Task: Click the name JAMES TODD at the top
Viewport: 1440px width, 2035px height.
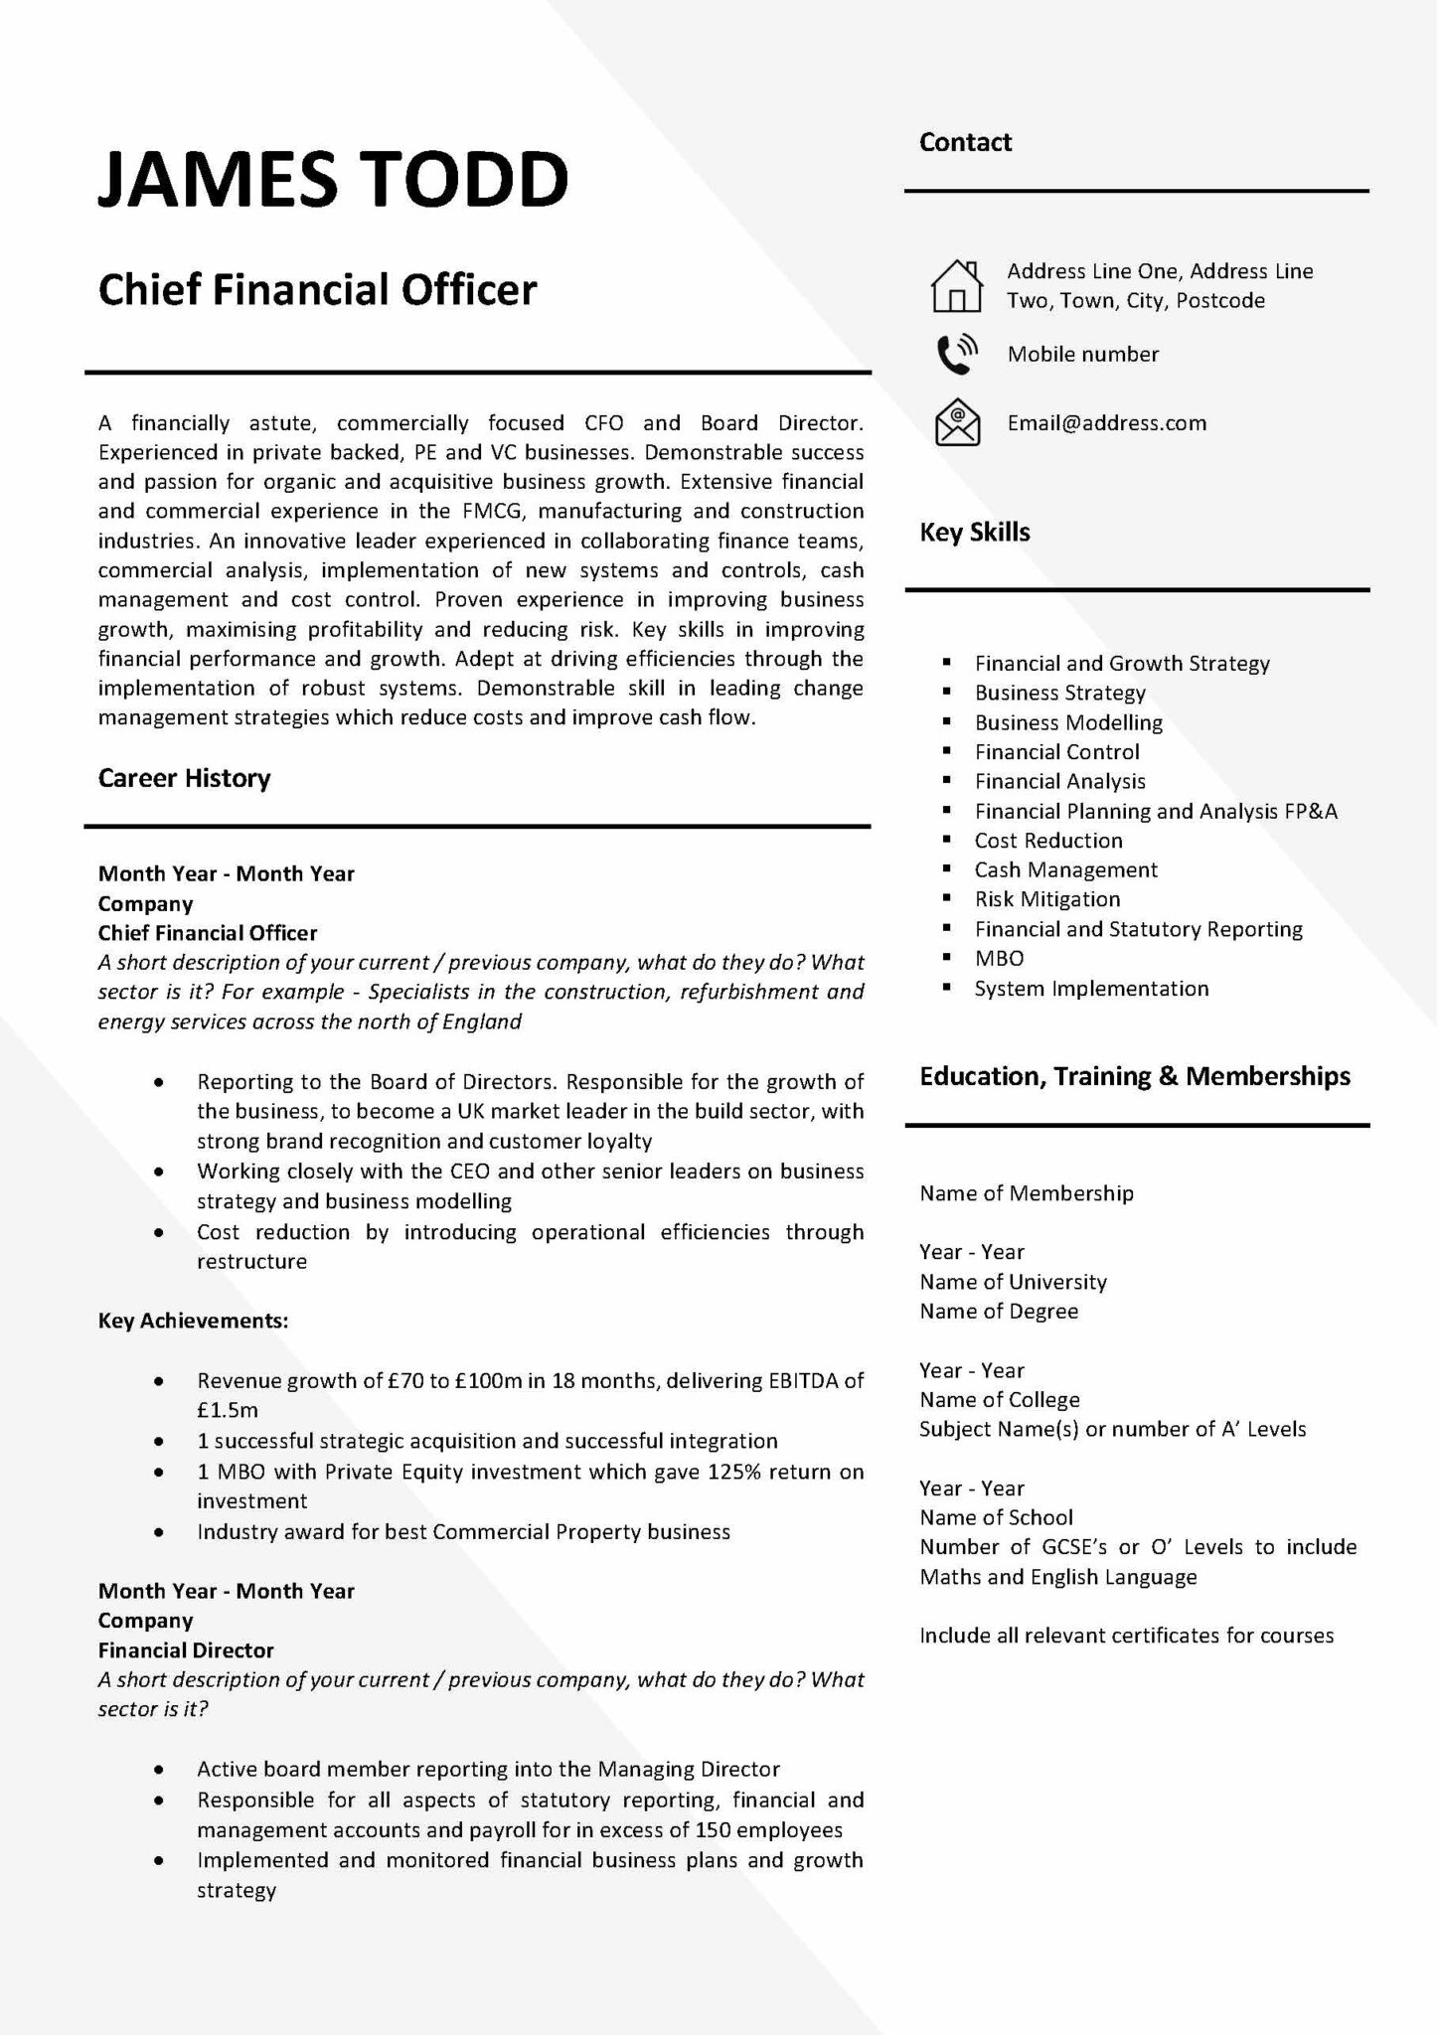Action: click(333, 180)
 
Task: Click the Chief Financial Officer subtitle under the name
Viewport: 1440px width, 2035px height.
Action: click(317, 290)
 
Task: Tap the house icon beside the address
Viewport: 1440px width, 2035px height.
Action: click(956, 286)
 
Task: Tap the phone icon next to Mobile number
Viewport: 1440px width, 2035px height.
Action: click(957, 354)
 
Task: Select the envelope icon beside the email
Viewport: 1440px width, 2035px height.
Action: click(957, 422)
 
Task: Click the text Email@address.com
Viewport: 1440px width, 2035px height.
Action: click(1106, 423)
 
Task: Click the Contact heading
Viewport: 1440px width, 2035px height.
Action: click(964, 142)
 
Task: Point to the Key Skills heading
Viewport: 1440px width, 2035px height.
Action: click(974, 533)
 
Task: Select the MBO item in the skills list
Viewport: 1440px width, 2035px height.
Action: click(999, 959)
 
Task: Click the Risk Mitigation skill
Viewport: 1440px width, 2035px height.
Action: click(1046, 899)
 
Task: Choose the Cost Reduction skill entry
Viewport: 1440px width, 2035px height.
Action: click(1047, 841)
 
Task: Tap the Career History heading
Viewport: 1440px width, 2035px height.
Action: click(184, 778)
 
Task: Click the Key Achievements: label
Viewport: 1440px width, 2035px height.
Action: click(193, 1321)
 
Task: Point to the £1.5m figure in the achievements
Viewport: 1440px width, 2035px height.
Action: click(227, 1410)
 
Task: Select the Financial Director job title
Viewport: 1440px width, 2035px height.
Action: click(185, 1650)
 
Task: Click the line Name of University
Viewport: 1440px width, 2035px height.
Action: click(1012, 1282)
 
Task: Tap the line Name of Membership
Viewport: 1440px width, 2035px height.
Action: click(1026, 1193)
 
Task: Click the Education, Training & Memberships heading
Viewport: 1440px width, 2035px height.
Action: click(1134, 1076)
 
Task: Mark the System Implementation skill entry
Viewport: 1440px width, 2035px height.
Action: click(1091, 989)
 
